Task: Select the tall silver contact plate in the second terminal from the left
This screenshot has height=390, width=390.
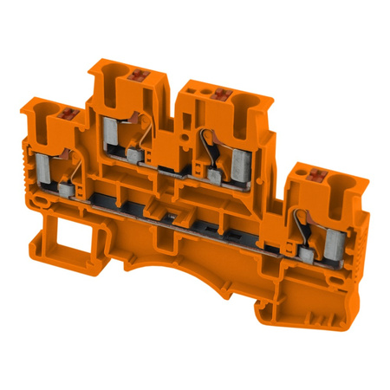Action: pos(109,132)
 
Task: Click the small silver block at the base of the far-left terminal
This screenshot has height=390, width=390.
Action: pos(66,185)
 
